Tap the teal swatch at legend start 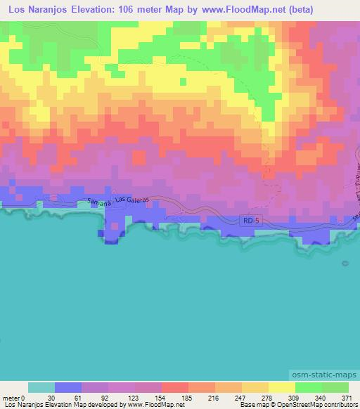(41, 387)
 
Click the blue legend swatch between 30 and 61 (68, 387)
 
